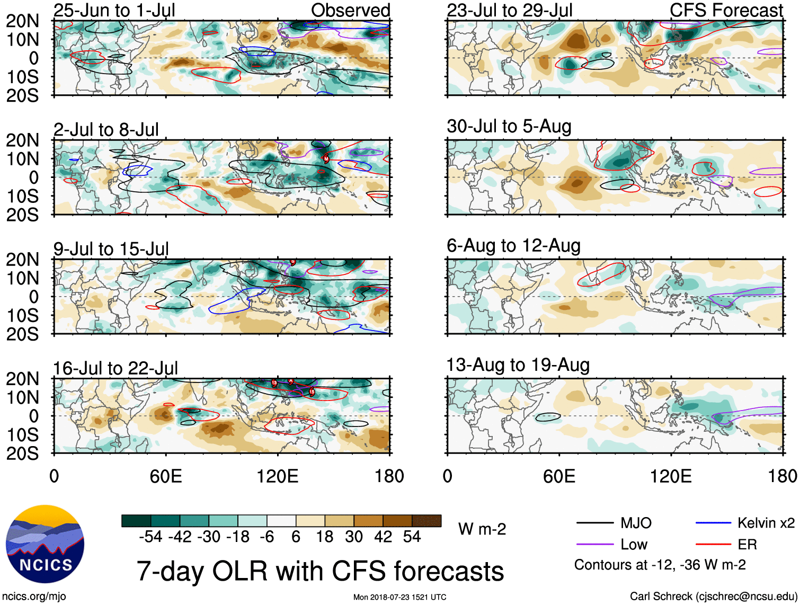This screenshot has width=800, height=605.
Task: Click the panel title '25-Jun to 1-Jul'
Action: pyautogui.click(x=114, y=11)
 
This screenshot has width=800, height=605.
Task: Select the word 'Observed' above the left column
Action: pyautogui.click(x=350, y=11)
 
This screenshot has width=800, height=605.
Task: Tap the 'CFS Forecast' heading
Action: pyautogui.click(x=726, y=11)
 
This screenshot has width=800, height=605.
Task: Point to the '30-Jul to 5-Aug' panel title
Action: pyautogui.click(x=509, y=127)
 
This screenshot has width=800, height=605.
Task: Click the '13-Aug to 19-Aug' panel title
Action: pyautogui.click(x=518, y=365)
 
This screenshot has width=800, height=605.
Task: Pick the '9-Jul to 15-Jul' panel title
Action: pyautogui.click(x=111, y=249)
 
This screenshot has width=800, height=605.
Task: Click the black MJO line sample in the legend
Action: pyautogui.click(x=594, y=523)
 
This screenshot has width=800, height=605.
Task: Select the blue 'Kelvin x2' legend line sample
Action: pyautogui.click(x=713, y=523)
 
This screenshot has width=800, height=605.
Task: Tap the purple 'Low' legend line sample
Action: pyautogui.click(x=594, y=545)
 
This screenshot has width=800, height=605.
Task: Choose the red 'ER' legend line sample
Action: pyautogui.click(x=713, y=545)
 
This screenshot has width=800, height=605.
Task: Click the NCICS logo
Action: pyautogui.click(x=45, y=544)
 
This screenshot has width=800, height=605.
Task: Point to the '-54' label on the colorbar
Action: pyautogui.click(x=150, y=537)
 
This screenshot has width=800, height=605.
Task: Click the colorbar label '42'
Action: pyautogui.click(x=383, y=537)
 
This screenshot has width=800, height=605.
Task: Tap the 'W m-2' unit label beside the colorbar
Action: pyautogui.click(x=482, y=529)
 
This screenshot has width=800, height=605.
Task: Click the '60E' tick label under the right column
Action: pyautogui.click(x=559, y=476)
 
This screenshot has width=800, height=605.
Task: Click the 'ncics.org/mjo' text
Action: pyautogui.click(x=34, y=597)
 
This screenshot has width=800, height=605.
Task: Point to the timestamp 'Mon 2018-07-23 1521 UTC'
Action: pyautogui.click(x=399, y=597)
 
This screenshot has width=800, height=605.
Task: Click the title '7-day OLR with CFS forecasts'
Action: pyautogui.click(x=320, y=571)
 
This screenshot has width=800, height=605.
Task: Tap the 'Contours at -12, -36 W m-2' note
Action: pyautogui.click(x=660, y=565)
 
